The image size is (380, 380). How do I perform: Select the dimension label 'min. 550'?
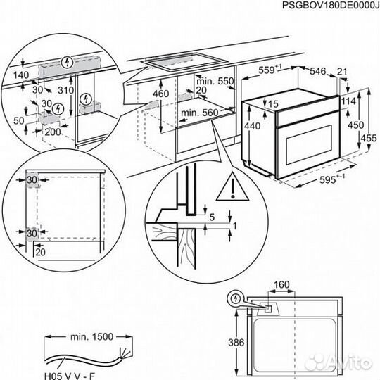(x=216, y=82)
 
